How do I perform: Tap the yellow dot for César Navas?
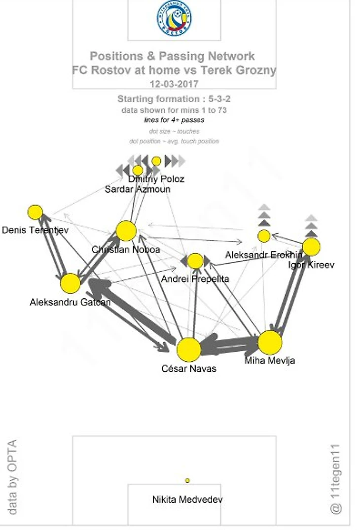pyautogui.click(x=189, y=350)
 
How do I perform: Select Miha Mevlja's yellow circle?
pyautogui.click(x=270, y=343)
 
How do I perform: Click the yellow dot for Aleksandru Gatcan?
pyautogui.click(x=71, y=283)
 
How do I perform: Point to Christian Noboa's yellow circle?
pyautogui.click(x=126, y=231)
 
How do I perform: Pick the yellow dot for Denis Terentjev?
pyautogui.click(x=35, y=212)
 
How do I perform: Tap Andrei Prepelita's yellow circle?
pyautogui.click(x=195, y=261)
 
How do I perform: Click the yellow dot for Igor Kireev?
pyautogui.click(x=311, y=247)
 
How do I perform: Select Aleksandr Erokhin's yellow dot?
pyautogui.click(x=264, y=236)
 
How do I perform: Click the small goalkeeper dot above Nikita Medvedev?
pyautogui.click(x=187, y=480)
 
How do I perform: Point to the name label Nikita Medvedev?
pyautogui.click(x=187, y=499)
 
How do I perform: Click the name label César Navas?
pyautogui.click(x=189, y=368)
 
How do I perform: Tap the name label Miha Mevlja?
pyautogui.click(x=270, y=360)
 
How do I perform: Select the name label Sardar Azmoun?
pyautogui.click(x=138, y=189)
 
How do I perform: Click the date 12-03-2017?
pyautogui.click(x=174, y=84)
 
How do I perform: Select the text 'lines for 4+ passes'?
pyautogui.click(x=174, y=120)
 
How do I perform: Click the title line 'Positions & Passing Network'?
pyautogui.click(x=172, y=56)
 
